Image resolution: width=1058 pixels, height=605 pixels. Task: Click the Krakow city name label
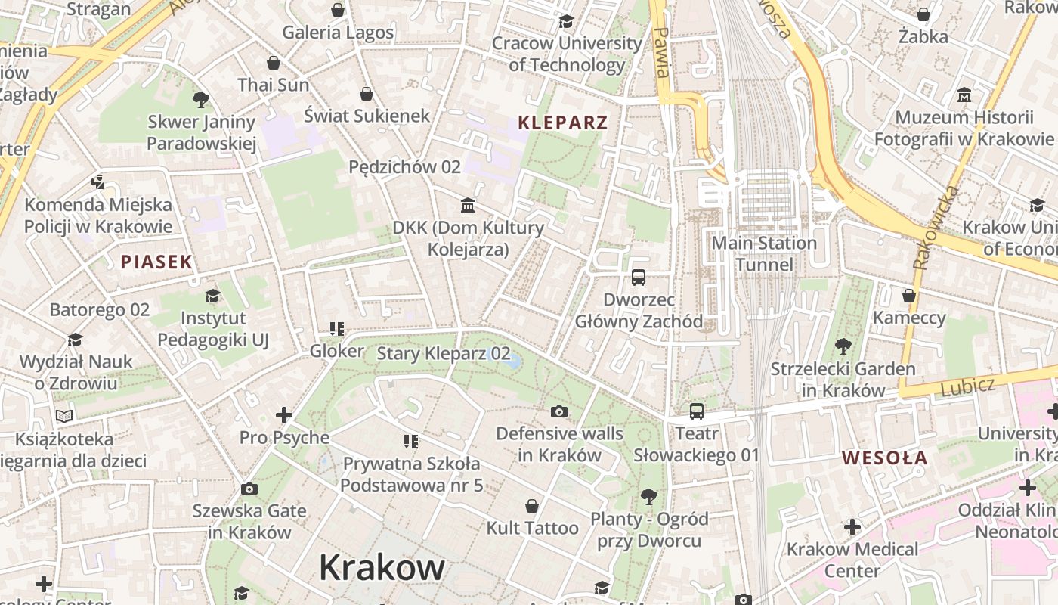pyautogui.click(x=382, y=567)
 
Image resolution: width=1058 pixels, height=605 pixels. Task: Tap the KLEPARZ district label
pyautogui.click(x=562, y=123)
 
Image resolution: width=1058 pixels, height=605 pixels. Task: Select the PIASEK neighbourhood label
pyautogui.click(x=156, y=262)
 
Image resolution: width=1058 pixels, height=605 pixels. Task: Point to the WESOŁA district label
pyautogui.click(x=884, y=458)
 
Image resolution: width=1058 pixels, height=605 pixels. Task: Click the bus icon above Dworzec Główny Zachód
pyautogui.click(x=639, y=278)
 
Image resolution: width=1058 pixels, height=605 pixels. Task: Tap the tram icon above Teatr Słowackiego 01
pyautogui.click(x=696, y=411)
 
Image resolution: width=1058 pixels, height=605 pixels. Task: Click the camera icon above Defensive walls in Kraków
pyautogui.click(x=559, y=411)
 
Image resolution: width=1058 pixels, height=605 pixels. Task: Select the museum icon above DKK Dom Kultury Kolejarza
pyautogui.click(x=468, y=205)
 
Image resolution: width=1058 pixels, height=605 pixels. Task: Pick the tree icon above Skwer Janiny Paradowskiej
pyautogui.click(x=201, y=99)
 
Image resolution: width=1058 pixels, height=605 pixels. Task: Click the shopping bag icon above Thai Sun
pyautogui.click(x=274, y=63)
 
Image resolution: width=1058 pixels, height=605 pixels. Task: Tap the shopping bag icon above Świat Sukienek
pyautogui.click(x=367, y=94)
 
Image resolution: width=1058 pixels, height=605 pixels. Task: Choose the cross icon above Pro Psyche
pyautogui.click(x=284, y=415)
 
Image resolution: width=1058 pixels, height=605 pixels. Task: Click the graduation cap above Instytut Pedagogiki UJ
pyautogui.click(x=212, y=296)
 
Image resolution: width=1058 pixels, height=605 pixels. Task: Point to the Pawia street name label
pyautogui.click(x=662, y=53)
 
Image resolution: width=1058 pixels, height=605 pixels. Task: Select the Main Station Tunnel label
pyautogui.click(x=765, y=253)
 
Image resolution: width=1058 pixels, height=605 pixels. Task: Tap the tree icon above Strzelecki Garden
pyautogui.click(x=843, y=347)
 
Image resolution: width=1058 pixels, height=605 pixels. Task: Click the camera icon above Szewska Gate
pyautogui.click(x=249, y=489)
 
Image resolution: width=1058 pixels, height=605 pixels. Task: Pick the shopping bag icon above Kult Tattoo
pyautogui.click(x=532, y=506)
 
